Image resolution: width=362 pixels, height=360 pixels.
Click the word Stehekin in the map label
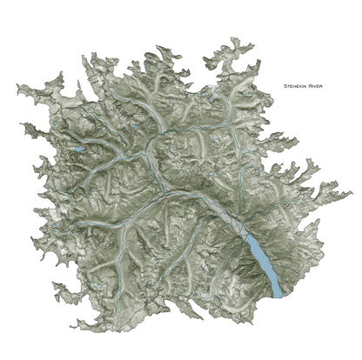(292, 86)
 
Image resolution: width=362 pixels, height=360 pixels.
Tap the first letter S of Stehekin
(284, 86)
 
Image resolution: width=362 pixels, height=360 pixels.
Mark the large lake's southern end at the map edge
(278, 296)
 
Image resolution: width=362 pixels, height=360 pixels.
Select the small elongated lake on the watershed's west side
(77, 150)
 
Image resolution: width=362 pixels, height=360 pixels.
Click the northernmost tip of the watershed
(232, 38)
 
